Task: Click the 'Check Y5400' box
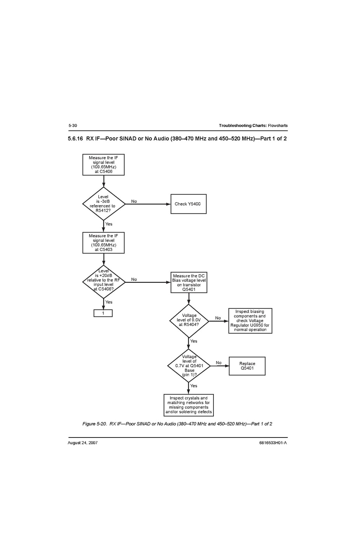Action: (x=188, y=204)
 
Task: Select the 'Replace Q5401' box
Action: (x=247, y=366)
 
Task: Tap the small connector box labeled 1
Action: (x=103, y=313)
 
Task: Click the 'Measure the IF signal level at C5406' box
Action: (x=103, y=165)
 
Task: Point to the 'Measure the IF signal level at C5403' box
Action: (x=103, y=243)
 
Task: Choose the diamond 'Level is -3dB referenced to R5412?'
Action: (x=103, y=204)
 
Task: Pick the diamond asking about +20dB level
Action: (x=103, y=282)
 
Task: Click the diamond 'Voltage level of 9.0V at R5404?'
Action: (x=189, y=321)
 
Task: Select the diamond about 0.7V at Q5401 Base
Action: (x=189, y=366)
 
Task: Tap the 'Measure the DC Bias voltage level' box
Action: (x=189, y=282)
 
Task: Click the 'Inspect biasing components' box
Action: (x=250, y=321)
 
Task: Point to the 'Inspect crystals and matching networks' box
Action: (x=189, y=405)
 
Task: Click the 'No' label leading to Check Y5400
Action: (x=134, y=201)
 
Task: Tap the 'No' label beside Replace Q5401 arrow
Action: (x=218, y=363)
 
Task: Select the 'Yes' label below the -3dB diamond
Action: (x=109, y=224)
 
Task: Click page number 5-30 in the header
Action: (x=73, y=125)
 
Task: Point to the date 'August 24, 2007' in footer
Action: (x=82, y=443)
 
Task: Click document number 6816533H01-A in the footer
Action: (x=273, y=443)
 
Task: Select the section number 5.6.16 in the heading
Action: (x=75, y=139)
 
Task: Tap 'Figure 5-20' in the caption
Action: (x=94, y=424)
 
